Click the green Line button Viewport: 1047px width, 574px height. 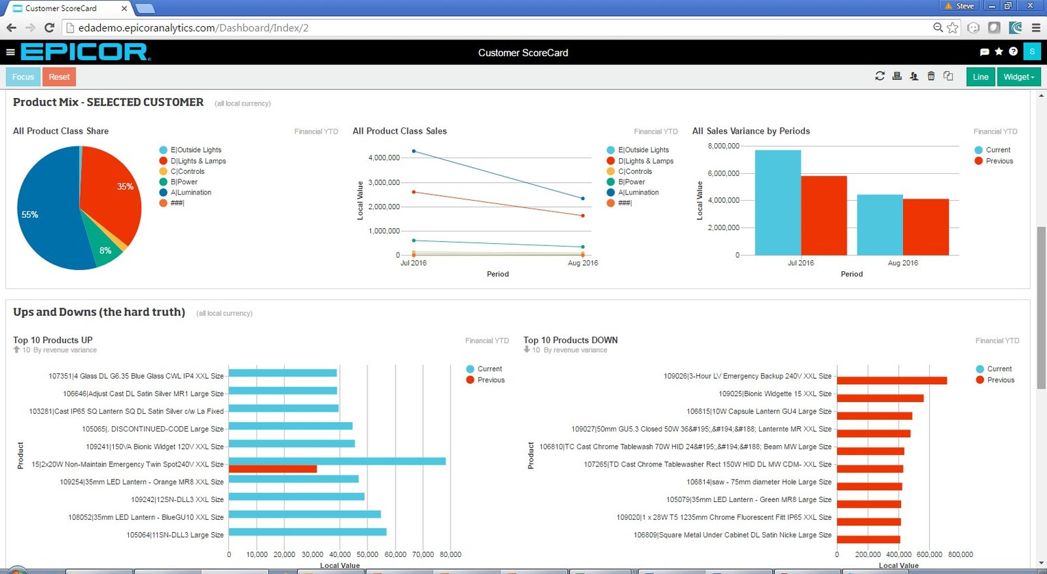[980, 77]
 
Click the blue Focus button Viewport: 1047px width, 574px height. [23, 77]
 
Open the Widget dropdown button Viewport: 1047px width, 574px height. [1018, 77]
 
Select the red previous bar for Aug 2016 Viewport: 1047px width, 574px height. [926, 227]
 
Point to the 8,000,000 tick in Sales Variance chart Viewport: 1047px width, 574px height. [723, 146]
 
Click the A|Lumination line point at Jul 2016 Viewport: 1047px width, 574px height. [413, 151]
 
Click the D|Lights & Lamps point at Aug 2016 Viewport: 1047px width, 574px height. [583, 216]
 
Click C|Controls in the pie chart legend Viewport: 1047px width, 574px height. [187, 171]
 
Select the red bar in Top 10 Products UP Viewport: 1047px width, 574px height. [272, 469]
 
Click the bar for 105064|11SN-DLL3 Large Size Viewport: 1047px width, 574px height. [307, 532]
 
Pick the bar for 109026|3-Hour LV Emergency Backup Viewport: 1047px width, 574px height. [891, 381]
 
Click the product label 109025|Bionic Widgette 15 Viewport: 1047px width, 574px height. [775, 394]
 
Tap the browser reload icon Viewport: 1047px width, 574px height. [49, 28]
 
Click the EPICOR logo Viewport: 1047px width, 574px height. [85, 52]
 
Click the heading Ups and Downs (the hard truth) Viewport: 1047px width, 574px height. [99, 312]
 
